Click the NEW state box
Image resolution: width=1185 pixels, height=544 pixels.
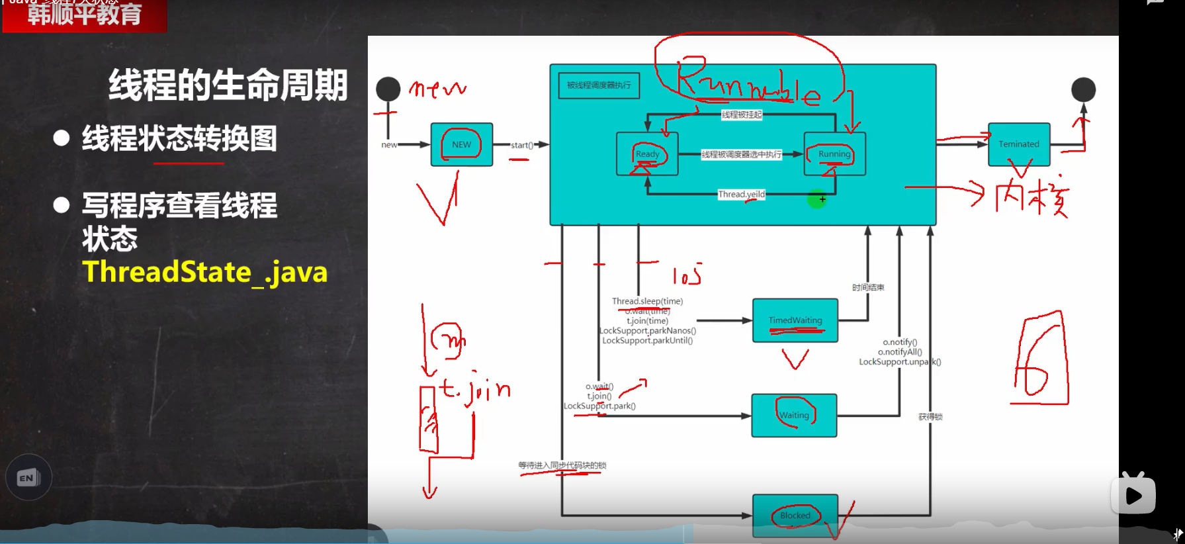[x=462, y=144]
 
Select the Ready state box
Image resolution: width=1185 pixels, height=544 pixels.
[x=647, y=154]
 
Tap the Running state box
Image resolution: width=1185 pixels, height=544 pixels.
[x=834, y=154]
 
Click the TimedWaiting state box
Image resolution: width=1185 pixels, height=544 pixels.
[x=795, y=320]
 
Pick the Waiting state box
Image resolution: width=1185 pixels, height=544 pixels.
[x=794, y=416]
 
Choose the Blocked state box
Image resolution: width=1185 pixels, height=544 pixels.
[x=795, y=516]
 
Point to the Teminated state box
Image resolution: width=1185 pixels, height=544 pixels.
[x=1019, y=144]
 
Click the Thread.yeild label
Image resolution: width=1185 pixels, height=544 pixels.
[x=741, y=195]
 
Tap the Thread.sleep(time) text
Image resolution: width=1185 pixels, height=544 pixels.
[x=647, y=301]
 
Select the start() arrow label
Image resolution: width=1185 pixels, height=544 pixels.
[x=521, y=145]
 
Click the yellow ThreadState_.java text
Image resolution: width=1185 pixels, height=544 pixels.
[x=205, y=272]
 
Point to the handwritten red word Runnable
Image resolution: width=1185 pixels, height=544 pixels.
[x=748, y=85]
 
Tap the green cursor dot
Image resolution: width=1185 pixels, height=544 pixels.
[x=817, y=199]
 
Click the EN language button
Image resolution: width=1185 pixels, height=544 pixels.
[x=28, y=478]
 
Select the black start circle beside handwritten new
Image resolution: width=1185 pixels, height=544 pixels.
[x=388, y=89]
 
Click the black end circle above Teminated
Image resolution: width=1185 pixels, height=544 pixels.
[x=1083, y=89]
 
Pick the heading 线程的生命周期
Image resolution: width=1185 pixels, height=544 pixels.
[x=228, y=85]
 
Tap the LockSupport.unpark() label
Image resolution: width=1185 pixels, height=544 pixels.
[x=900, y=362]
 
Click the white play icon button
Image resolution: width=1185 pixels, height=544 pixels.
[x=1133, y=495]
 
